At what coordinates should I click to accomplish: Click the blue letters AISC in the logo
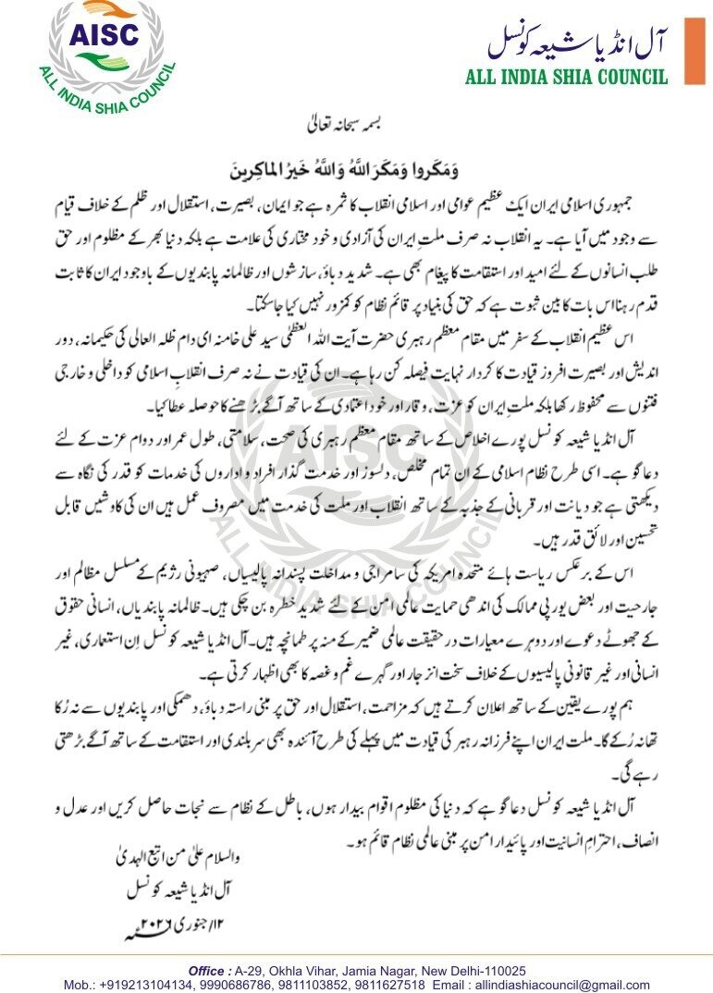pos(105,34)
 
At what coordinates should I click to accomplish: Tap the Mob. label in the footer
pos(80,985)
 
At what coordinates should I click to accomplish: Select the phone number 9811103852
pos(321,985)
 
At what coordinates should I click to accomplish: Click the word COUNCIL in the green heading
pos(627,77)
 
